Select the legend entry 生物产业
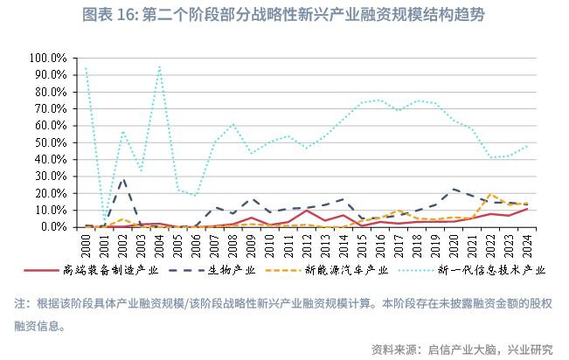coord(232,270)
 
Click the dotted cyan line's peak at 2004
coord(159,66)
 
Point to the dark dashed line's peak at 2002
coord(123,178)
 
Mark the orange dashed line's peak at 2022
coord(490,194)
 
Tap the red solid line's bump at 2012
coord(307,211)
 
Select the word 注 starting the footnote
coord(20,304)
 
